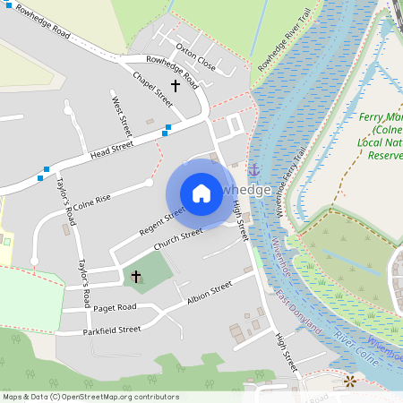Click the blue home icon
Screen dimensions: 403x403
(x=201, y=193)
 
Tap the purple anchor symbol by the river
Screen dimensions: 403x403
(x=253, y=169)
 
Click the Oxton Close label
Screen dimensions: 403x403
(x=196, y=56)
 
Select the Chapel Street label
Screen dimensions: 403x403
(x=151, y=86)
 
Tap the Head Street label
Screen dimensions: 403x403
(x=111, y=150)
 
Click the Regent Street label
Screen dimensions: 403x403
(x=162, y=220)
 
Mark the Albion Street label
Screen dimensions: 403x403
(x=210, y=292)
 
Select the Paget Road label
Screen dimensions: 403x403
(x=114, y=307)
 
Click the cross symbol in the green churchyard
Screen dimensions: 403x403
(x=136, y=276)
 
